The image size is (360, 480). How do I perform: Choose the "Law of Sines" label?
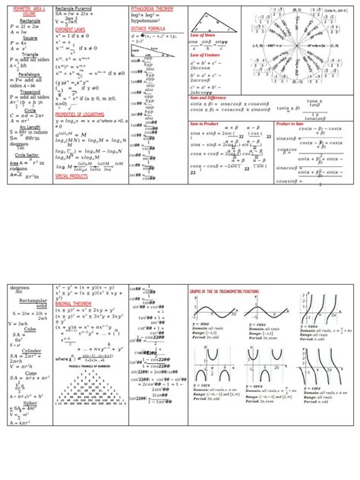pos(204,36)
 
